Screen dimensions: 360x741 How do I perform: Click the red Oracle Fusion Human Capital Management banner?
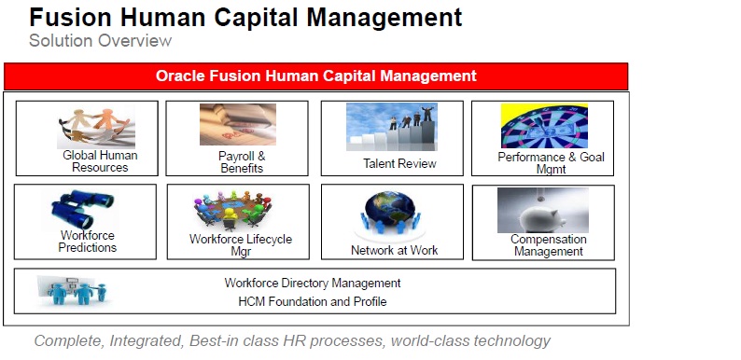[x=315, y=76]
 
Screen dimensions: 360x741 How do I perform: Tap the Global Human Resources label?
[x=100, y=161]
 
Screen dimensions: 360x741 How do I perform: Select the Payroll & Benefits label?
[x=242, y=162]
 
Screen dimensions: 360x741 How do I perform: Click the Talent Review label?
[x=399, y=164]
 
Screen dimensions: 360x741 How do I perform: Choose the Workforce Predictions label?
[x=88, y=242]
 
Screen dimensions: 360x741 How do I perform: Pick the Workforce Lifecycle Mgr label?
[x=241, y=245]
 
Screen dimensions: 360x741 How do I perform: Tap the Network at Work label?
[x=394, y=250]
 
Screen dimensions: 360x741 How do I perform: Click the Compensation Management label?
[x=548, y=244]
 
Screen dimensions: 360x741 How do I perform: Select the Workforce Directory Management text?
[x=313, y=283]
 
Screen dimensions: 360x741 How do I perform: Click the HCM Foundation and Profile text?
[x=313, y=301]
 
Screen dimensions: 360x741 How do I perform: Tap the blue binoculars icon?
[x=84, y=210]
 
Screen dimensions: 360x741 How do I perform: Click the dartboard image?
[x=544, y=126]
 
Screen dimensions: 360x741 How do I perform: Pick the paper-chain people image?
[x=95, y=126]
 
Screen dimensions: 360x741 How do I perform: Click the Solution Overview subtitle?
[x=100, y=41]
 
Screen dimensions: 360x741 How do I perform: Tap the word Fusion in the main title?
[x=68, y=17]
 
